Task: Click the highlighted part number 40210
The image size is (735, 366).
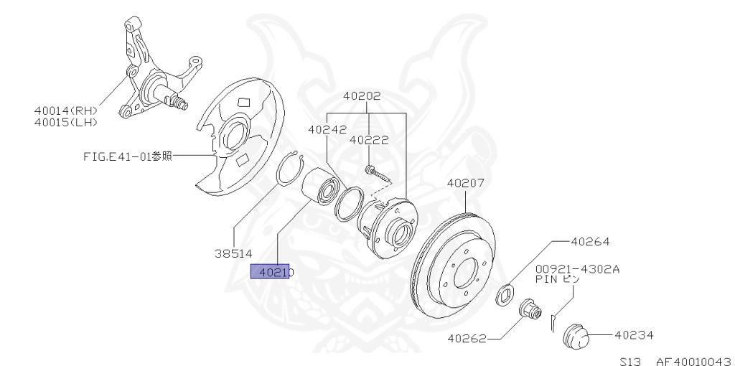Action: (x=271, y=272)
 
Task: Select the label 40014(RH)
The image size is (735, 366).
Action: (x=65, y=111)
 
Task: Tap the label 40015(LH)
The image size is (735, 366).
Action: (x=65, y=122)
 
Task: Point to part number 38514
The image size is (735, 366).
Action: (x=233, y=253)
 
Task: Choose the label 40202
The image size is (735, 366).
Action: (x=362, y=95)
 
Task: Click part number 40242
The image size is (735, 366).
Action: (x=327, y=130)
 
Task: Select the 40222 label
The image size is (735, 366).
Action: (x=369, y=141)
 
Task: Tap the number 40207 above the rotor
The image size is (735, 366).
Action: (x=466, y=183)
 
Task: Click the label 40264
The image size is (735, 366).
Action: (x=590, y=243)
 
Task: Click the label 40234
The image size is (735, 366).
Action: (x=634, y=334)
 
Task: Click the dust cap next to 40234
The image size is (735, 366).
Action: (x=576, y=334)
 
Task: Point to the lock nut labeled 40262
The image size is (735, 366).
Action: (x=530, y=311)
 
